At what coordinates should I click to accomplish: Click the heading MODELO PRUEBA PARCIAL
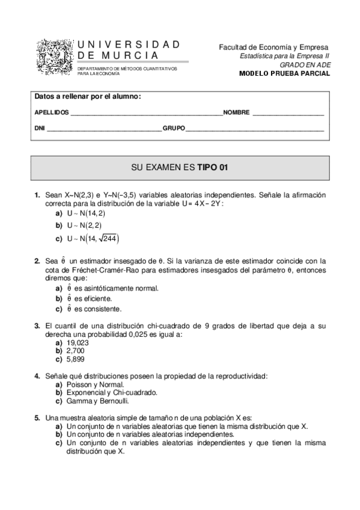(284, 73)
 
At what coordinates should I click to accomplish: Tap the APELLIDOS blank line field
(146, 113)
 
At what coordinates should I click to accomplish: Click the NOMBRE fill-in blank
(288, 113)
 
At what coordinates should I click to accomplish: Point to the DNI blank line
(104, 129)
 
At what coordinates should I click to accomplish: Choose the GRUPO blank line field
(255, 129)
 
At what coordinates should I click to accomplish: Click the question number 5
(37, 417)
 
